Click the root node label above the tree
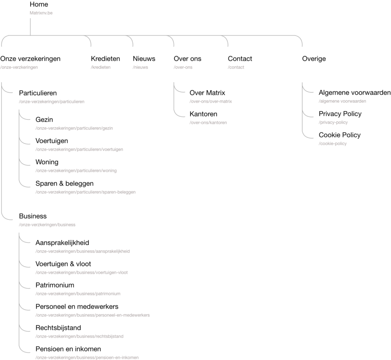[x=41, y=13]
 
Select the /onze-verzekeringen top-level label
[x=19, y=67]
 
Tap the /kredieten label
[x=100, y=67]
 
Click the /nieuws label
[x=140, y=67]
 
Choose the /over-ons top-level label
[x=183, y=67]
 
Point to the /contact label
[x=236, y=67]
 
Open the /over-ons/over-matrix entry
[x=210, y=102]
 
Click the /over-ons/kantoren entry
[x=208, y=123]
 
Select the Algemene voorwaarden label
[x=342, y=102]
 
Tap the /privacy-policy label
[x=333, y=123]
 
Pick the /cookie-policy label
[x=332, y=144]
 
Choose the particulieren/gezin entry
[x=74, y=128]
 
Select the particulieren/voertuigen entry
[x=79, y=150]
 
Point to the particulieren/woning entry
[x=76, y=171]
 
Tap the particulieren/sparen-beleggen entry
[x=86, y=192]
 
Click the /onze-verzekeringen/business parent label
[x=47, y=225]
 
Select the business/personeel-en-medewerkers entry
[x=92, y=315]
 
